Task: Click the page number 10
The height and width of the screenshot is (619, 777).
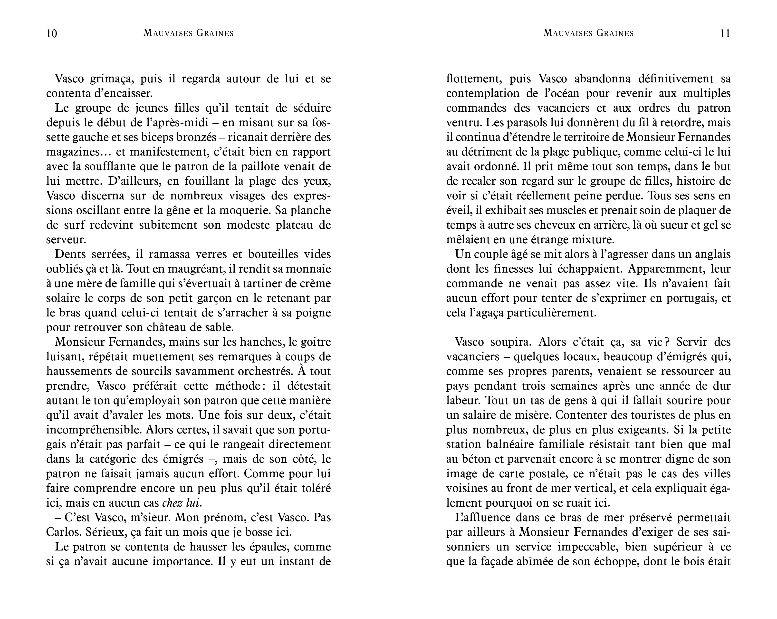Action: click(x=52, y=34)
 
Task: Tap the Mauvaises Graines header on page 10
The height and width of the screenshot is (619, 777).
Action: click(x=189, y=33)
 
